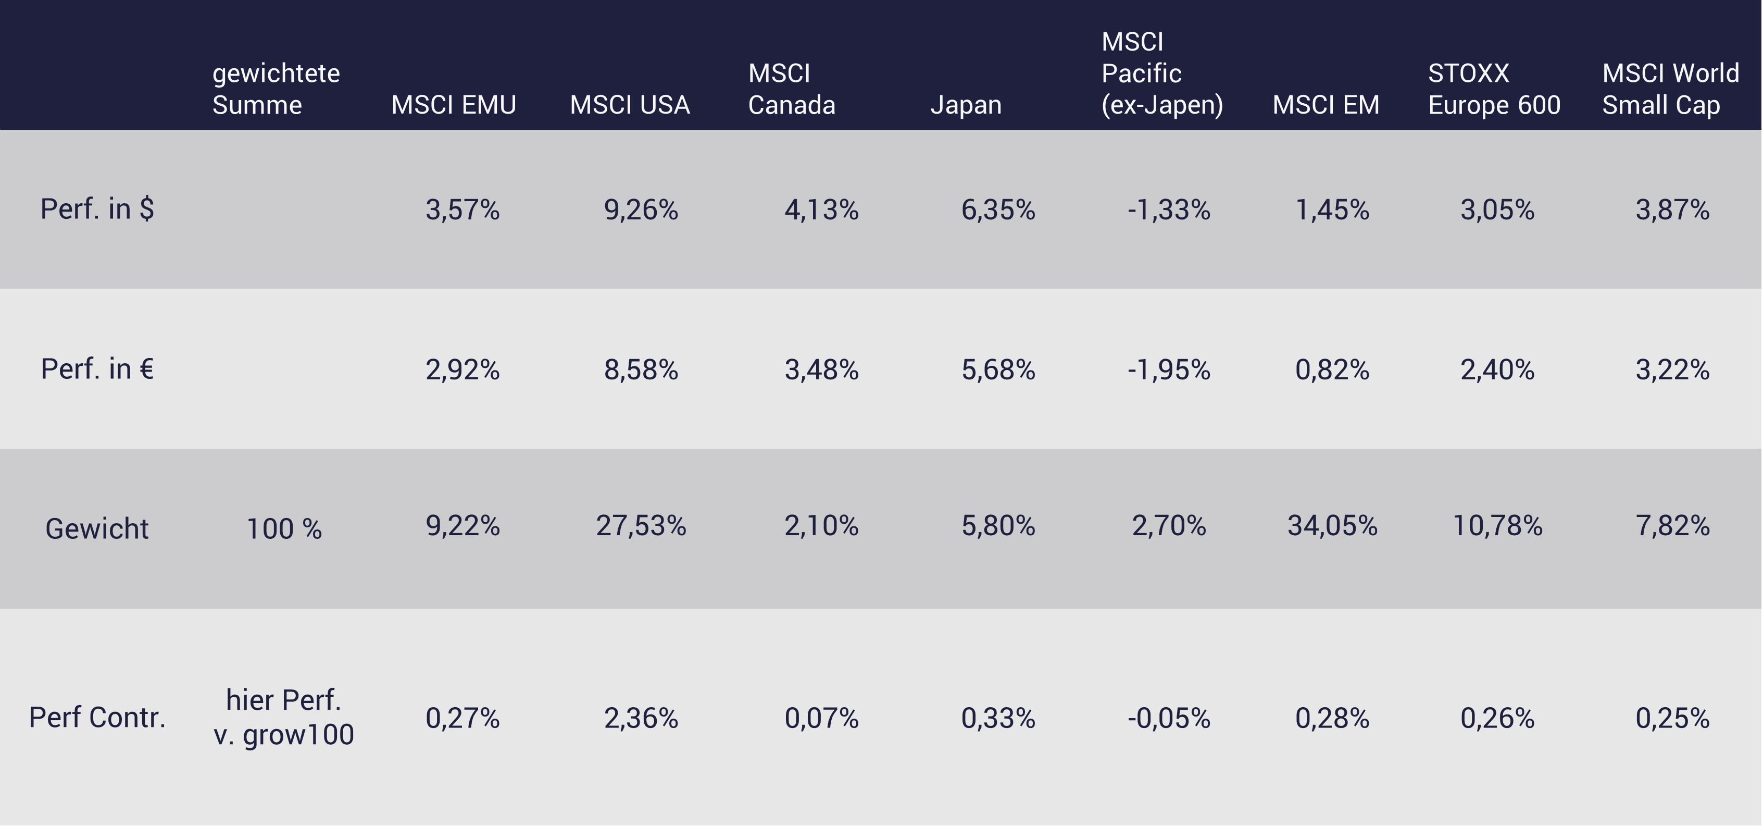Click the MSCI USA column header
[x=630, y=105]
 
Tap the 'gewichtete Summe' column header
[x=276, y=89]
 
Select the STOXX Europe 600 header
[x=1494, y=89]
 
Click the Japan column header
[x=966, y=105]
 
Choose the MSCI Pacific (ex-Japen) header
[x=1161, y=73]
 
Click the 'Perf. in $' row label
[x=97, y=209]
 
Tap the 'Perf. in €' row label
[x=97, y=369]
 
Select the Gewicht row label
[x=97, y=529]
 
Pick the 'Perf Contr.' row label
[x=97, y=717]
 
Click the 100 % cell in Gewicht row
[x=284, y=529]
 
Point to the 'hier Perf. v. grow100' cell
[x=284, y=717]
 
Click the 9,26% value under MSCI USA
[x=641, y=209]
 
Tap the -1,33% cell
[x=1169, y=209]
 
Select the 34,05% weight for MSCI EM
[x=1332, y=526]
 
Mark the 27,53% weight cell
[x=641, y=526]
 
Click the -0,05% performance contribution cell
[x=1169, y=718]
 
